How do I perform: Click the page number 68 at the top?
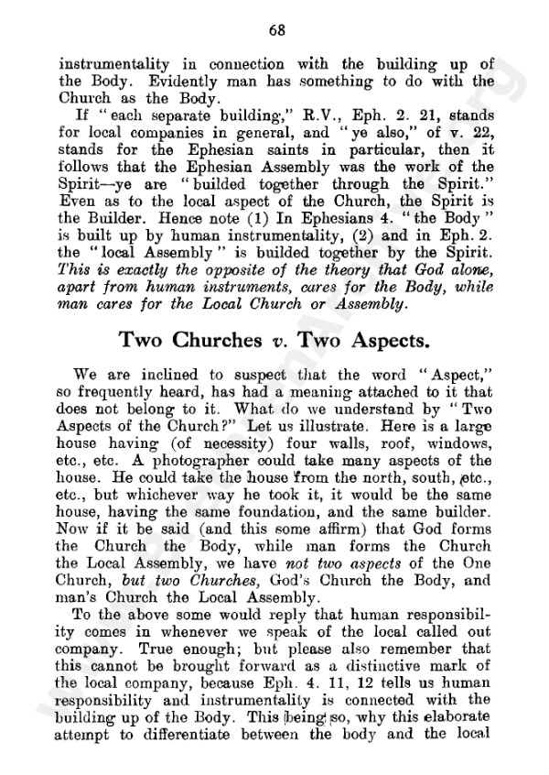coord(278,29)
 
